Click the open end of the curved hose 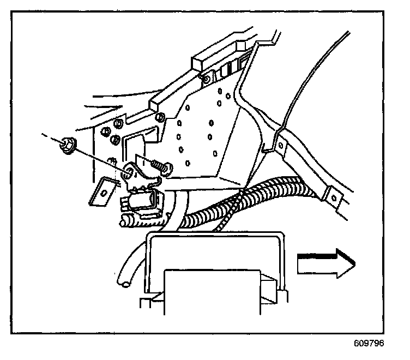(x=124, y=281)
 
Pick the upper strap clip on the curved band (x=279, y=143)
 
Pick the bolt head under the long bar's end (x=160, y=117)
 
